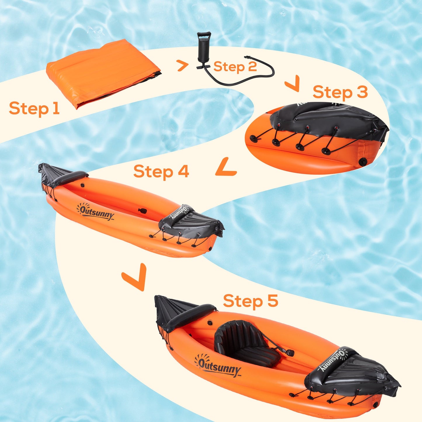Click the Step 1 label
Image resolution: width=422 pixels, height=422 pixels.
click(x=34, y=108)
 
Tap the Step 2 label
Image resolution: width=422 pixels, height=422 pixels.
click(x=235, y=67)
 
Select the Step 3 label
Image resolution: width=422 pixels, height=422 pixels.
click(x=340, y=92)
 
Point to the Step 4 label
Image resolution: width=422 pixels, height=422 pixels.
click(x=161, y=171)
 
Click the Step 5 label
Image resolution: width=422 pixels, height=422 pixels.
click(x=251, y=301)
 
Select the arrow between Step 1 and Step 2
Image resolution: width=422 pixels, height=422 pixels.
click(x=183, y=66)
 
